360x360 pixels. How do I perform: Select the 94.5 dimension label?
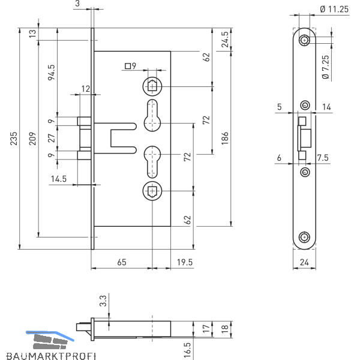point(52,71)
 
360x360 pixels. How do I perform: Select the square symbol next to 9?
point(127,67)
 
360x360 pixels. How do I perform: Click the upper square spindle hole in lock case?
point(151,86)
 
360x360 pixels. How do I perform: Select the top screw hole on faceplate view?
point(305,40)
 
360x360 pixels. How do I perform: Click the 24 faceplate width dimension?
point(305,262)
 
